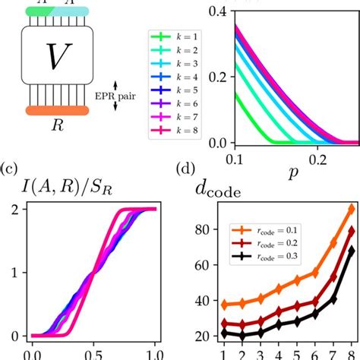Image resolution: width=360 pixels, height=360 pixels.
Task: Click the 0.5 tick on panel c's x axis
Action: coord(93,352)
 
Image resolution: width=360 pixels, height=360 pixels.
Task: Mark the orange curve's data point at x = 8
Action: coord(350,209)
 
